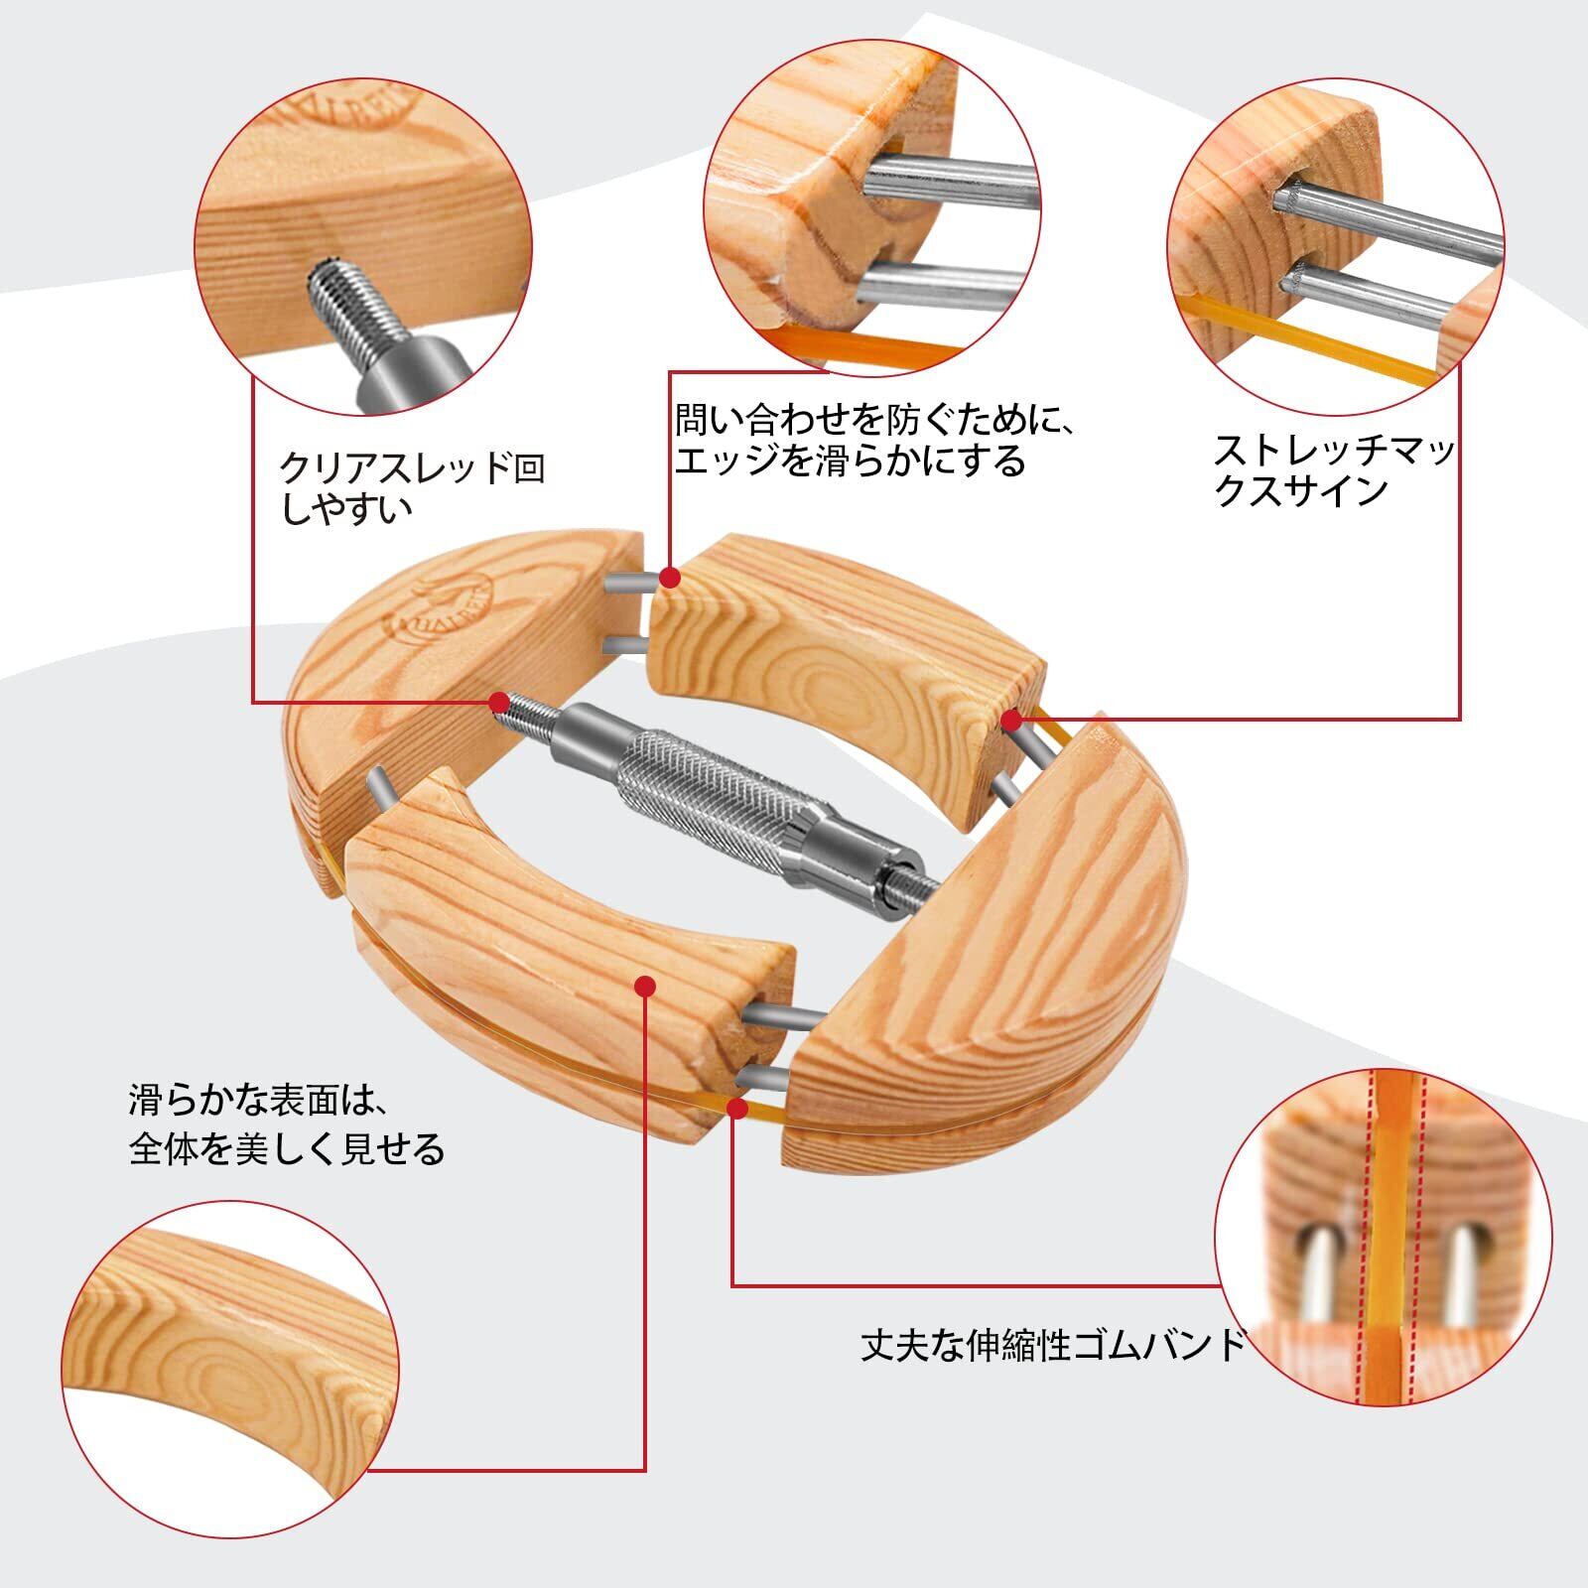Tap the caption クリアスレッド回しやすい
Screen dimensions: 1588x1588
(x=413, y=488)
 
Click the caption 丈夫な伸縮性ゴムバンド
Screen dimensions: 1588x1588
(x=1053, y=1346)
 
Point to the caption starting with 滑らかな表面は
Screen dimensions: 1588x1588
(x=287, y=1125)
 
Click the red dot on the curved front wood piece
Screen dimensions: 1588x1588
(x=645, y=987)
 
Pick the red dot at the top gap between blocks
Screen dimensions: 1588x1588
(x=671, y=577)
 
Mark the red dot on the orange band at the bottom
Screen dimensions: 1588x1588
(x=736, y=1108)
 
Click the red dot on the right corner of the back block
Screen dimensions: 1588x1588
(x=1011, y=719)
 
